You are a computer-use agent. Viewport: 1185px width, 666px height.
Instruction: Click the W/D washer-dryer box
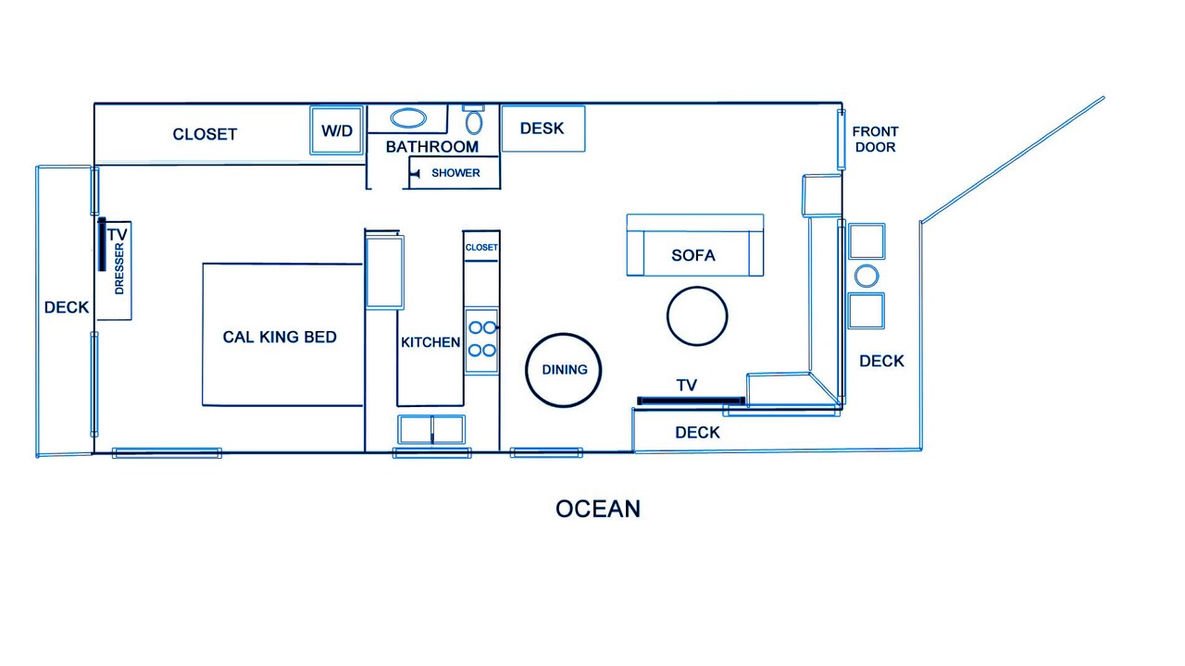[336, 130]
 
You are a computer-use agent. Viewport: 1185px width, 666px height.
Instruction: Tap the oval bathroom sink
[408, 118]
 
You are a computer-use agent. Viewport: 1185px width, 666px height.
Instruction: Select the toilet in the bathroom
[473, 119]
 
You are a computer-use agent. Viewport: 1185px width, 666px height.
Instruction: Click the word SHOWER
[455, 173]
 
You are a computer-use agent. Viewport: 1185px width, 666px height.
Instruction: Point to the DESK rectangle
[543, 129]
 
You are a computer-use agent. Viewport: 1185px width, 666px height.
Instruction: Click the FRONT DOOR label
[875, 139]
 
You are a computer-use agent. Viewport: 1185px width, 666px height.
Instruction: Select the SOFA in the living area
[695, 245]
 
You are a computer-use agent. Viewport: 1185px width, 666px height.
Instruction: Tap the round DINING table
[564, 370]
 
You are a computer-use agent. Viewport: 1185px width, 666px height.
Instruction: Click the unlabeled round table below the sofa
[697, 316]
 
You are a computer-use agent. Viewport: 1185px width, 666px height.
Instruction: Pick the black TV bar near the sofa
[691, 401]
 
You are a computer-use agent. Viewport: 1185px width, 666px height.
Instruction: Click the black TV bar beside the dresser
[102, 244]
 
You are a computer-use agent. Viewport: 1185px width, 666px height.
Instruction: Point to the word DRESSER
[119, 269]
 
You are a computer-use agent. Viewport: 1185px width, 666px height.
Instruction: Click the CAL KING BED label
[280, 337]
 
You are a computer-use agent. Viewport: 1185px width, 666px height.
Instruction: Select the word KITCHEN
[430, 342]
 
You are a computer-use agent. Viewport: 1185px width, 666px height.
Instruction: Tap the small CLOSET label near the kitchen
[481, 247]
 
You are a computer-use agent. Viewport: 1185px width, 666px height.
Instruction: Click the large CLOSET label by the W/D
[205, 134]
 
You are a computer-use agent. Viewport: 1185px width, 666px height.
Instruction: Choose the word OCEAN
[598, 509]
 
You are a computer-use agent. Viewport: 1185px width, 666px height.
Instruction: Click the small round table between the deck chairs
[867, 276]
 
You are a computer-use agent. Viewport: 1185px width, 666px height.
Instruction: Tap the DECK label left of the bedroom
[66, 307]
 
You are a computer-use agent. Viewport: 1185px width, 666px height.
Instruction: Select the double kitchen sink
[431, 429]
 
